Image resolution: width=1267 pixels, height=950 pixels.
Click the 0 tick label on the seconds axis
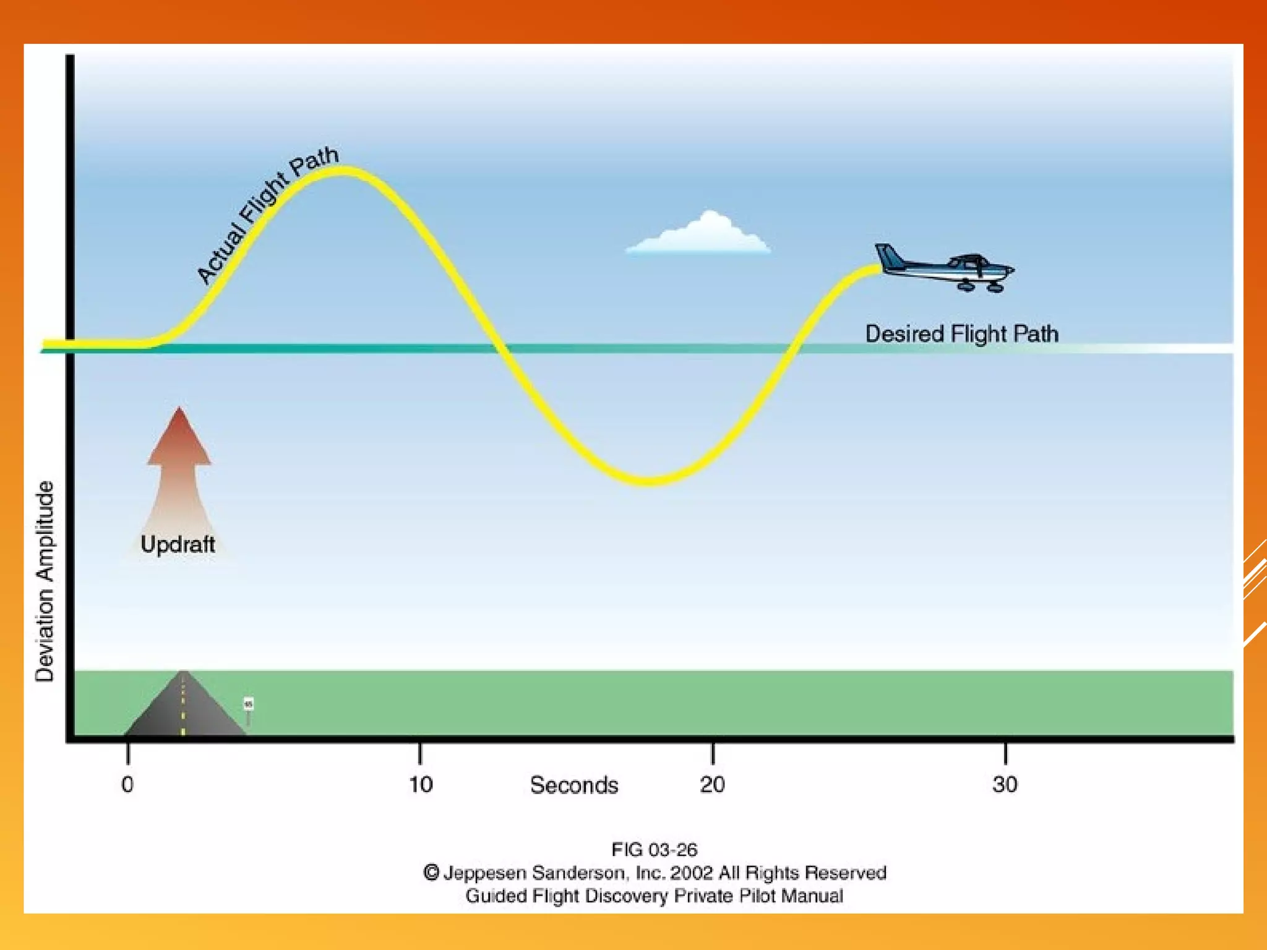pos(127,784)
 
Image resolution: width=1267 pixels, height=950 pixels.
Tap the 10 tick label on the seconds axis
pos(421,784)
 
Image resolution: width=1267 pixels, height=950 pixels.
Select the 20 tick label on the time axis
pos(712,784)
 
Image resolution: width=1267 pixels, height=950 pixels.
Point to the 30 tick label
pos(1005,784)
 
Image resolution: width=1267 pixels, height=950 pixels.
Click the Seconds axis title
pos(573,785)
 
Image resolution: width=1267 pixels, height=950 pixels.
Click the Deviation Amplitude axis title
pos(45,581)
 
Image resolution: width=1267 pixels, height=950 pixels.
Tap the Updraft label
pos(178,544)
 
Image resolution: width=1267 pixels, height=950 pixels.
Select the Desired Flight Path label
pos(961,334)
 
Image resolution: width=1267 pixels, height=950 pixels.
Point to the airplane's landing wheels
pos(981,286)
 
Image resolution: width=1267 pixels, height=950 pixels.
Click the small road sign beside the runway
pos(248,705)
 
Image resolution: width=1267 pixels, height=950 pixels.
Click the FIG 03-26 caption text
pos(654,849)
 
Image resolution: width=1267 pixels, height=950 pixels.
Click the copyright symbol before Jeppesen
pos(431,873)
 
